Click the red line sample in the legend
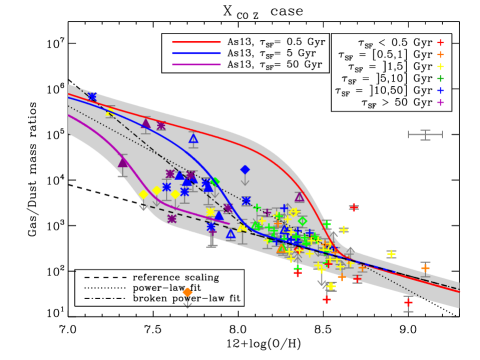pos(196,42)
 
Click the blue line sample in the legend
pos(196,53)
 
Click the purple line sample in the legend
pos(196,64)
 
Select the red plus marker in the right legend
pos(440,43)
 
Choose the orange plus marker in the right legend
pos(440,55)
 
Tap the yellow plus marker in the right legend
pos(440,67)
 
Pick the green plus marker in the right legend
pos(440,78)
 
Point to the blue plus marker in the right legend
pos(440,90)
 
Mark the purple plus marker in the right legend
pos(440,102)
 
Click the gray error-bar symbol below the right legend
pos(425,134)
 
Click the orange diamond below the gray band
pos(187,292)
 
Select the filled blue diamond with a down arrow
pos(245,170)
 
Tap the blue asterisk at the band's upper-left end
pos(92,97)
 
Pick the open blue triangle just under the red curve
pos(193,139)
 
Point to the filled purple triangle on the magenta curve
pos(123,162)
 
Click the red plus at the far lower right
pos(408,302)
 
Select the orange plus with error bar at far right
pos(425,267)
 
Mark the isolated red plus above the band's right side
pos(353,207)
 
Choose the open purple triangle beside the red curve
pos(299,197)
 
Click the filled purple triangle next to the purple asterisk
pos(145,123)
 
